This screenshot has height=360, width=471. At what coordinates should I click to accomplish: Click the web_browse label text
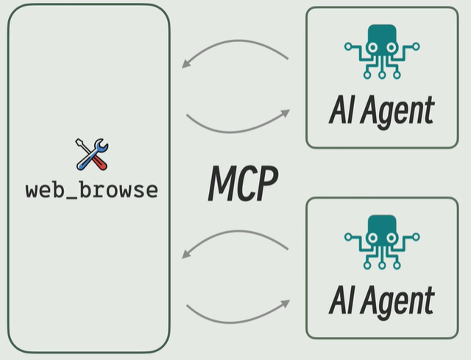click(92, 190)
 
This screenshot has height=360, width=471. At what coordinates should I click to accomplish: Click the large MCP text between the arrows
click(243, 183)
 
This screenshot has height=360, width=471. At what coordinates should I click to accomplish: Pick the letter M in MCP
click(223, 183)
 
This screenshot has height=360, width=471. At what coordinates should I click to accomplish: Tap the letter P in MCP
click(266, 183)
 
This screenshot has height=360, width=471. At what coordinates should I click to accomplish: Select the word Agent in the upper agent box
click(398, 112)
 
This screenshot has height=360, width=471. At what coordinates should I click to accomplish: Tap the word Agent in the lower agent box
click(398, 301)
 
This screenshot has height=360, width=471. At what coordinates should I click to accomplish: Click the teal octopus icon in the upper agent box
click(381, 50)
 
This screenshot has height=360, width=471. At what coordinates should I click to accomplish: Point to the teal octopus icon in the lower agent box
click(381, 240)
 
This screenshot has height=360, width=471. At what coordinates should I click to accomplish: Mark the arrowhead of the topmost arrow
click(187, 64)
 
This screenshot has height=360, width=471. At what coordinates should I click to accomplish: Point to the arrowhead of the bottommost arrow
click(285, 302)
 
